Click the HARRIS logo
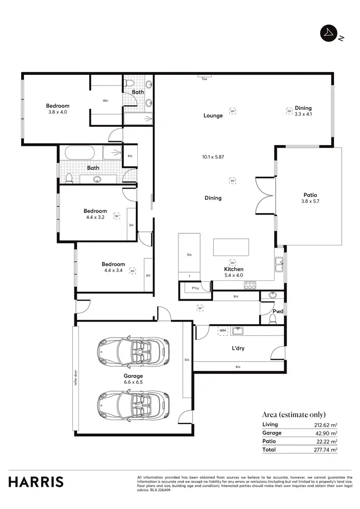click(36, 482)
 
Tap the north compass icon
click(329, 33)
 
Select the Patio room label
click(311, 198)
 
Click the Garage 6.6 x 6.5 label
click(133, 379)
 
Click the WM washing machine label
click(222, 331)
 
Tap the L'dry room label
click(238, 348)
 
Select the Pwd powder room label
click(277, 311)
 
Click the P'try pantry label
click(195, 288)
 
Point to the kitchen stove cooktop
click(250, 285)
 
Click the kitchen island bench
click(231, 247)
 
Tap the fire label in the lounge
click(204, 78)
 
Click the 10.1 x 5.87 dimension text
click(213, 157)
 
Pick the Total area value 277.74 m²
click(326, 450)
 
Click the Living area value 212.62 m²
click(326, 424)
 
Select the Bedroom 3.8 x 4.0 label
click(58, 109)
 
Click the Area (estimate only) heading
click(294, 414)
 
